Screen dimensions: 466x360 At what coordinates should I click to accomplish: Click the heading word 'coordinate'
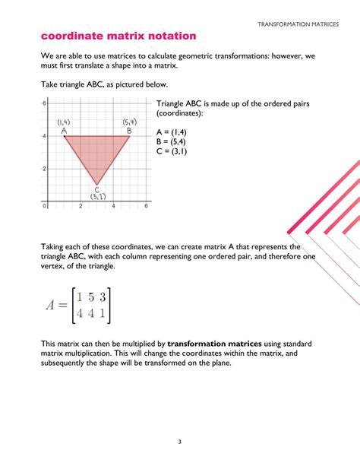(x=74, y=36)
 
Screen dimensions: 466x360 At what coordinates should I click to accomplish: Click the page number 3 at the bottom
(x=179, y=442)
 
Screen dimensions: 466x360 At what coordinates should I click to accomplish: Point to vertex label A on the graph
(x=65, y=131)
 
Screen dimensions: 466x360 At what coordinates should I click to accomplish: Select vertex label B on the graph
(x=129, y=131)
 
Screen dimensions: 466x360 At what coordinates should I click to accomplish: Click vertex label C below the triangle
(x=96, y=189)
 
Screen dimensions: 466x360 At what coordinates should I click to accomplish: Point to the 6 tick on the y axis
(x=45, y=103)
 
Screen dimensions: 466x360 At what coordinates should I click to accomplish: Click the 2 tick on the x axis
(x=81, y=206)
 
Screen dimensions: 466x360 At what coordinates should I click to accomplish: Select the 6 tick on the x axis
(x=146, y=206)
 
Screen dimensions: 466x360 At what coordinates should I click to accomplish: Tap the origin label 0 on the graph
(x=45, y=206)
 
